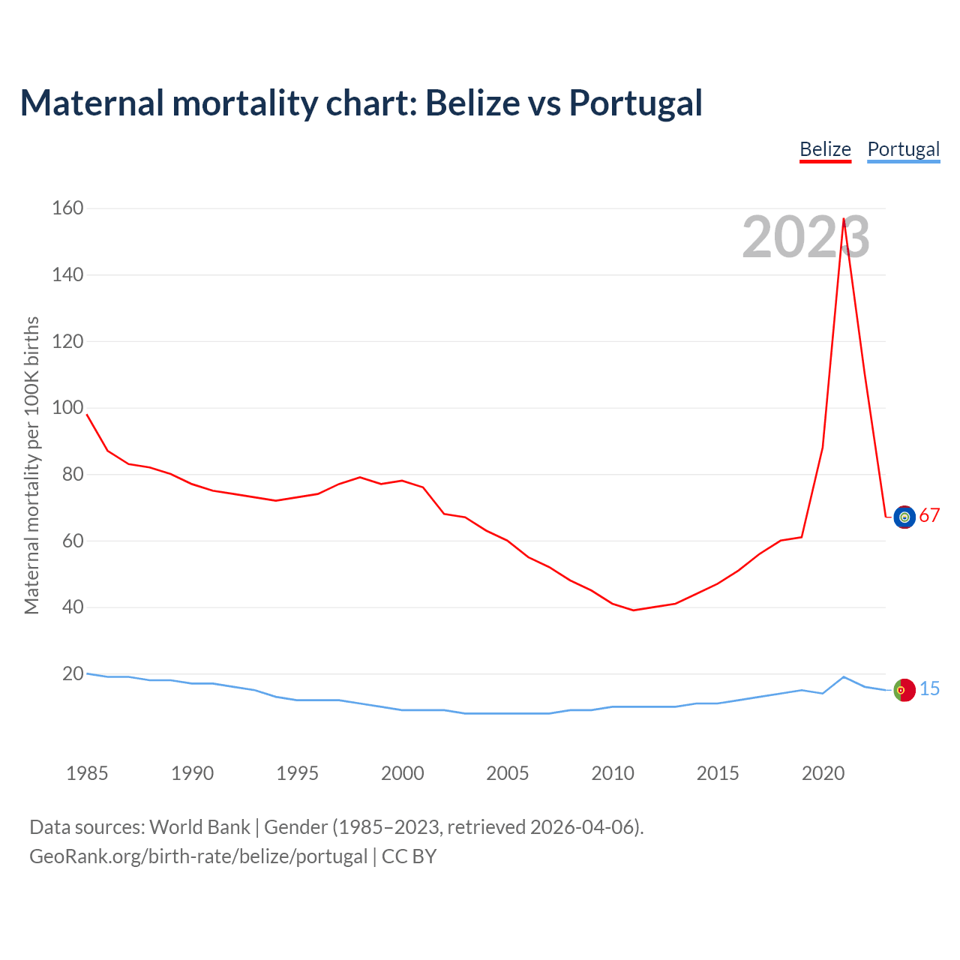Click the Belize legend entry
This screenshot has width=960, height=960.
click(x=825, y=149)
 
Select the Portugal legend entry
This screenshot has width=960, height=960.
click(x=903, y=149)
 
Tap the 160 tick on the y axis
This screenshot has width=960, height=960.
click(x=67, y=208)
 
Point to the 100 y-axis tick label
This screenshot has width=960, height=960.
click(x=67, y=408)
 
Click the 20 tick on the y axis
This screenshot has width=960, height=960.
click(x=73, y=673)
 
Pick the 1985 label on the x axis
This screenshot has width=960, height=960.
click(x=87, y=773)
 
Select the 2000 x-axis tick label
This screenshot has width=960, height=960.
click(x=403, y=773)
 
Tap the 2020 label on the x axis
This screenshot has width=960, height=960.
click(x=823, y=773)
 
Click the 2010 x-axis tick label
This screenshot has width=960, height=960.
click(x=613, y=773)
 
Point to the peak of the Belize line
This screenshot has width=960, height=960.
click(x=844, y=219)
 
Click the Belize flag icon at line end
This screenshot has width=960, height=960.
click(x=904, y=517)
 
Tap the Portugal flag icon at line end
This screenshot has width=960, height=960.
click(x=904, y=690)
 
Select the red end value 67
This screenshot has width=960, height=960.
click(x=929, y=516)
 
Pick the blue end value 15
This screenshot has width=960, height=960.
click(x=929, y=688)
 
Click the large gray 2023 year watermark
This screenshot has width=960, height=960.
click(x=805, y=237)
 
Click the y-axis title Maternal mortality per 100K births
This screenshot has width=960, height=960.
click(x=31, y=465)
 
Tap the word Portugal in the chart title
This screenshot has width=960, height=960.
click(x=635, y=103)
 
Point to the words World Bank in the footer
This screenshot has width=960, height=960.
click(x=199, y=827)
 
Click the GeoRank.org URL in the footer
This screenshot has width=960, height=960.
click(x=198, y=856)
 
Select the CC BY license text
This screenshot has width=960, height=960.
click(x=409, y=856)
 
